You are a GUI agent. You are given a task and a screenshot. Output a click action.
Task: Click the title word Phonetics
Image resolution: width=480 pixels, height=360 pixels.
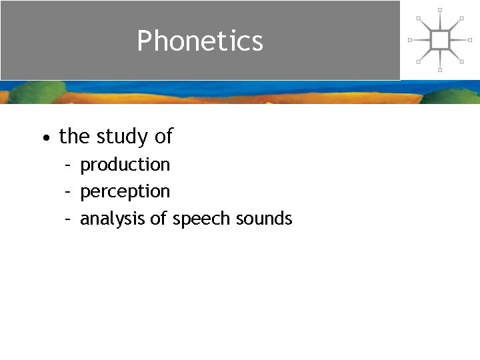[x=200, y=41]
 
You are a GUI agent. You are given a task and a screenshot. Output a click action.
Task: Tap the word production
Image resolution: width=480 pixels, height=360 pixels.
[x=125, y=165]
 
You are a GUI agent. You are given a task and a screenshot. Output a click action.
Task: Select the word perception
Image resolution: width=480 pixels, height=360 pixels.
[x=125, y=192]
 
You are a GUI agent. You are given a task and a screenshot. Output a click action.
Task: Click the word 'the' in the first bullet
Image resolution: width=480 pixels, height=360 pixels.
[x=74, y=137]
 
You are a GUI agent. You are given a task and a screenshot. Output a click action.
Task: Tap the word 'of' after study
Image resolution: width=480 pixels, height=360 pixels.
[x=164, y=137]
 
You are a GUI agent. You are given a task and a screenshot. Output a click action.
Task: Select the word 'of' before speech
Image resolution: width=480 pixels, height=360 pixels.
[x=159, y=219]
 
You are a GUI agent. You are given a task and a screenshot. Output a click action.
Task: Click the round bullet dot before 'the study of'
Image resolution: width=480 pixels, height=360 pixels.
[x=44, y=138]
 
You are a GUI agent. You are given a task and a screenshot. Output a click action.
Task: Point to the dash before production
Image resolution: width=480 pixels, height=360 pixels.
[x=68, y=165]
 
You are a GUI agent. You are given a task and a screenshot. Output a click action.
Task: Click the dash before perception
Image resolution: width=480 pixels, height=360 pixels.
[x=68, y=192]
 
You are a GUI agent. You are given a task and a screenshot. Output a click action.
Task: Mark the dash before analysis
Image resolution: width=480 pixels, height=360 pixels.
[x=68, y=219]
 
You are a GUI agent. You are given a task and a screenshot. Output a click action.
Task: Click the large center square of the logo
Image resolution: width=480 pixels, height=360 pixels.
[x=440, y=40]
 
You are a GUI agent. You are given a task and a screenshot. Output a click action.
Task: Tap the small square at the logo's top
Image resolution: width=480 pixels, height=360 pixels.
[x=440, y=10]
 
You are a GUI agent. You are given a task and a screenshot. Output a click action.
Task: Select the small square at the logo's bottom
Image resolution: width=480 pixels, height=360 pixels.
[x=440, y=70]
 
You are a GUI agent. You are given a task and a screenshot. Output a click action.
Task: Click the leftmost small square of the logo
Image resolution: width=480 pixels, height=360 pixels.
[x=410, y=40]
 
